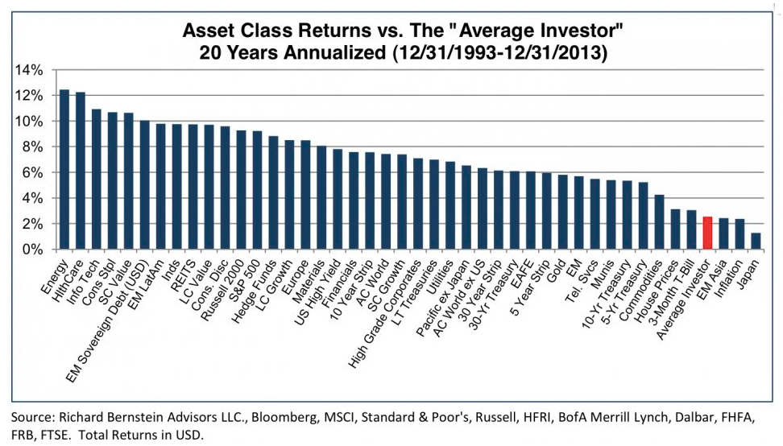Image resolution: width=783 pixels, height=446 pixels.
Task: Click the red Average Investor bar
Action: [x=707, y=233]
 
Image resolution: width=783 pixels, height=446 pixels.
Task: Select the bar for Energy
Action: [x=64, y=169]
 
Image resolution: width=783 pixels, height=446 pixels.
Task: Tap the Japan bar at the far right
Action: [x=756, y=241]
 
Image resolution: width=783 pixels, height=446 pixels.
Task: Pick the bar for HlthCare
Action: [x=81, y=171]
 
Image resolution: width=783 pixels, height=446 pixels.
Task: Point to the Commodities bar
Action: [x=659, y=222]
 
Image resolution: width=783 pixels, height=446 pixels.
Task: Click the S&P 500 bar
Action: [x=257, y=190]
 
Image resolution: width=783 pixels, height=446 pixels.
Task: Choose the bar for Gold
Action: [x=563, y=212]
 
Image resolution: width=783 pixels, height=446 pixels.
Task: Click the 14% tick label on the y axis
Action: [x=30, y=70]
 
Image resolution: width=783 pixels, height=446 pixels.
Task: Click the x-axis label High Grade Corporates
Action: [x=383, y=315]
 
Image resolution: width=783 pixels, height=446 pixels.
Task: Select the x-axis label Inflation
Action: [x=731, y=279]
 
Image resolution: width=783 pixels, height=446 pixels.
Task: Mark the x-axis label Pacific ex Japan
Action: [x=442, y=299]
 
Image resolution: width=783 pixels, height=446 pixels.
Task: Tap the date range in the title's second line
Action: [x=500, y=52]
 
